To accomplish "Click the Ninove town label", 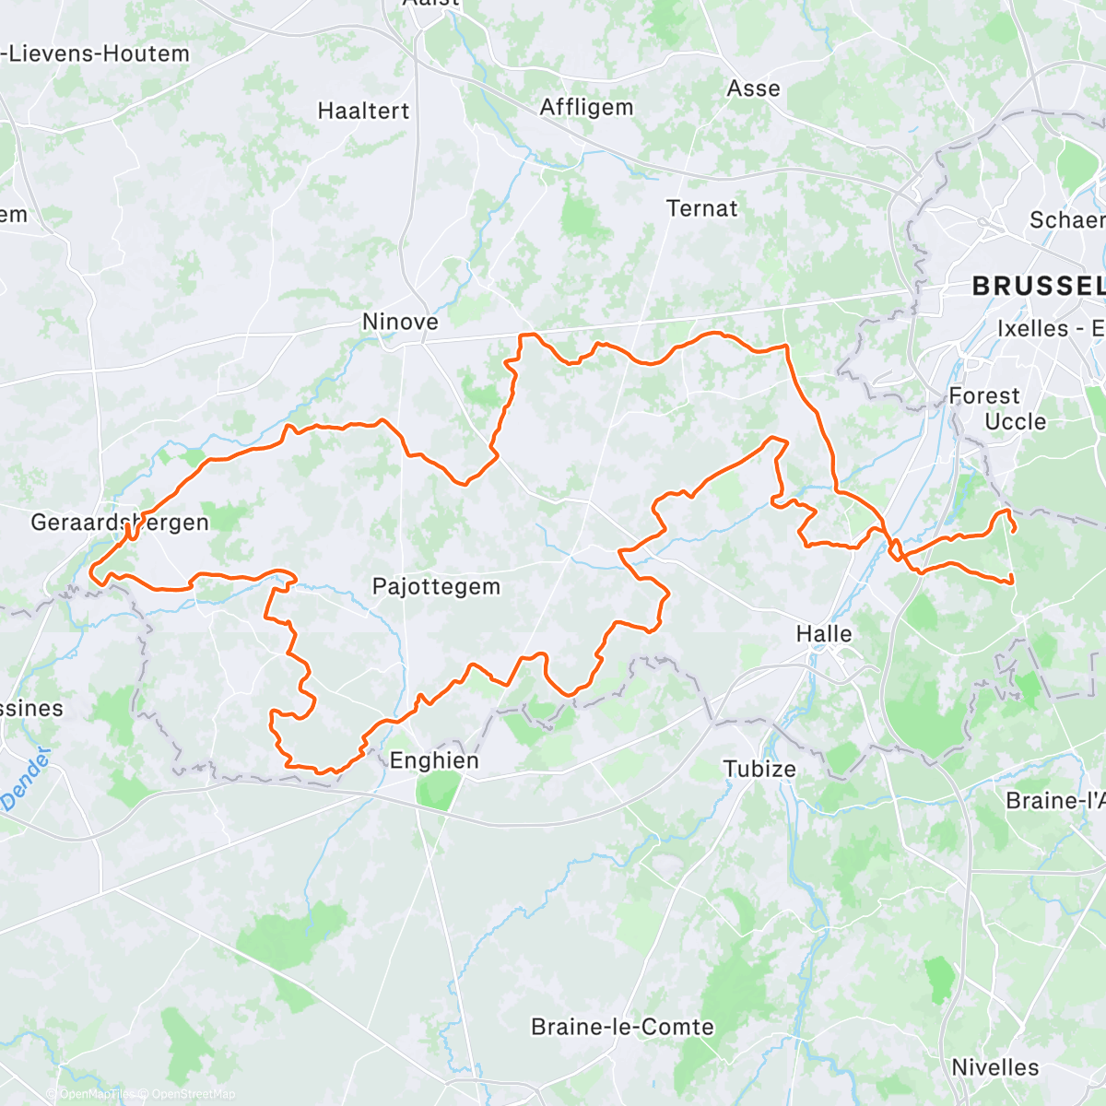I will (x=400, y=322).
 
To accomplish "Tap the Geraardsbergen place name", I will (x=120, y=523).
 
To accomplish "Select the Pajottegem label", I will (x=436, y=586).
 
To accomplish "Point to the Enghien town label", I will (x=434, y=760).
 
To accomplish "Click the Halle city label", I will (x=824, y=634).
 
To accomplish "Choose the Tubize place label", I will (x=759, y=769).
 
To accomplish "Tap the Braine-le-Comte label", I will (x=623, y=1027).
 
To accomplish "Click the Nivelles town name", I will (x=995, y=1067).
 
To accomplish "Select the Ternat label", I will (x=702, y=208).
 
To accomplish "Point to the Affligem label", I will (x=587, y=107).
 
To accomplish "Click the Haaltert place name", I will (x=363, y=111).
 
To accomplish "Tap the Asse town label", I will (x=754, y=88).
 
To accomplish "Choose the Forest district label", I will (x=984, y=395).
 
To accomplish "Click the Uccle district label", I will (x=1016, y=421).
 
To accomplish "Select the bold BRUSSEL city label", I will (x=1038, y=287).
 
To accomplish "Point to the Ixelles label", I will (x=1033, y=328).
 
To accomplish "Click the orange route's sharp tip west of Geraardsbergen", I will (x=92, y=574).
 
